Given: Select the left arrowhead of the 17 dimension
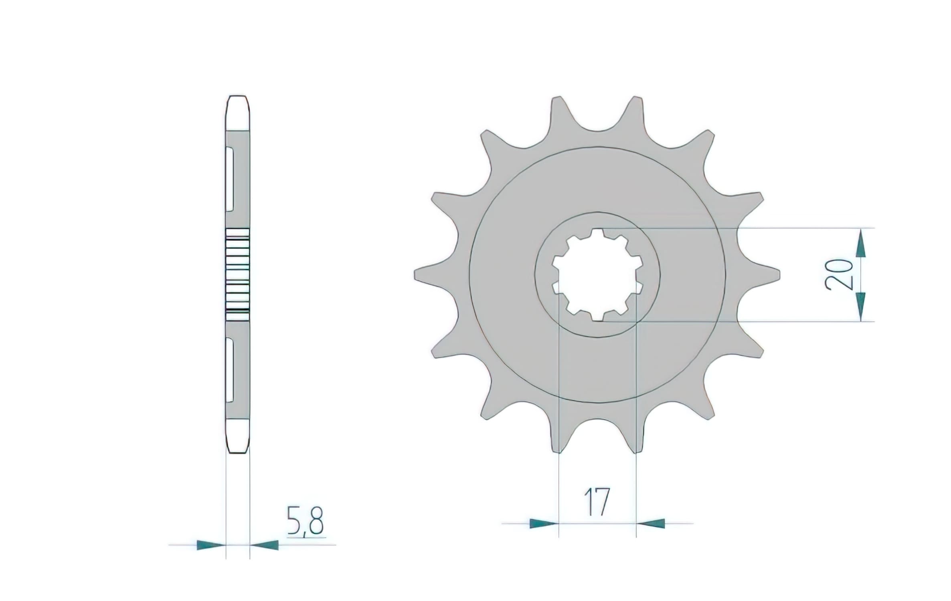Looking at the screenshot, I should pyautogui.click(x=543, y=523).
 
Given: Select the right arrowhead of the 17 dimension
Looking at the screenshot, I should pyautogui.click(x=651, y=523).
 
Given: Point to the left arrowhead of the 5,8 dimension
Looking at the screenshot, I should pyautogui.click(x=210, y=545).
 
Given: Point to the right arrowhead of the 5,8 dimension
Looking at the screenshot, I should pyautogui.click(x=265, y=545).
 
